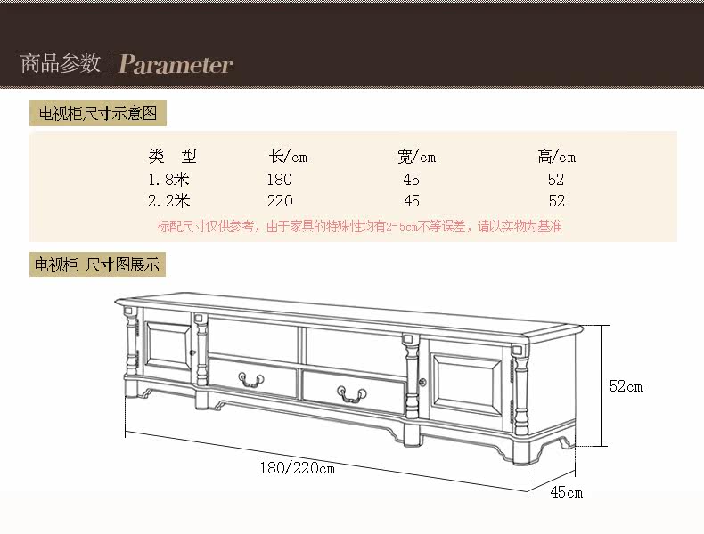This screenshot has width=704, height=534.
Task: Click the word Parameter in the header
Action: (176, 65)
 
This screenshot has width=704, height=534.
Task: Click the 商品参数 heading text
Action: (61, 64)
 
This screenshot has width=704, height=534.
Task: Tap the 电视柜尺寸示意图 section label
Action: (98, 114)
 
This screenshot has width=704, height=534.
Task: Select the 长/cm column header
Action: (288, 157)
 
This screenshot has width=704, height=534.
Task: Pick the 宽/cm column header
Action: (416, 157)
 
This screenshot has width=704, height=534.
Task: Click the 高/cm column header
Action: (557, 157)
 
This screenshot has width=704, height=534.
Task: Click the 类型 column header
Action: (172, 157)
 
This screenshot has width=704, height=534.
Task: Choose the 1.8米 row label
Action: (169, 180)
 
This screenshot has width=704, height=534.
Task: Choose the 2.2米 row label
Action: (169, 201)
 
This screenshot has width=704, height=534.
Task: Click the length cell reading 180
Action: (279, 180)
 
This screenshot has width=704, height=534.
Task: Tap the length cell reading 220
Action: (279, 201)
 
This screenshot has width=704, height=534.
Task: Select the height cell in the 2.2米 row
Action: (557, 201)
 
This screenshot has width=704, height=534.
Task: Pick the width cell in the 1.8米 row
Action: (411, 180)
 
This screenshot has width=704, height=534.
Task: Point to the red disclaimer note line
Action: (359, 227)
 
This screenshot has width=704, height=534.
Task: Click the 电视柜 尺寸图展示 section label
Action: (98, 264)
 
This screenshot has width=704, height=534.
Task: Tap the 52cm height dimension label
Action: (625, 386)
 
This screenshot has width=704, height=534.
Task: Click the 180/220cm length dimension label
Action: (298, 468)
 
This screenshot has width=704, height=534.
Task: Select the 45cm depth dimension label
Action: (566, 492)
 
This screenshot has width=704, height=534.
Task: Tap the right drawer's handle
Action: (348, 392)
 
